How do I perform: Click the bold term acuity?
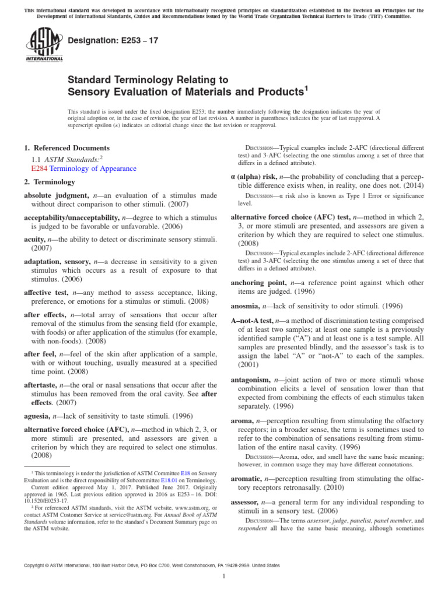[x=36, y=239]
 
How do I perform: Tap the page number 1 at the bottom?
[x=224, y=576]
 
